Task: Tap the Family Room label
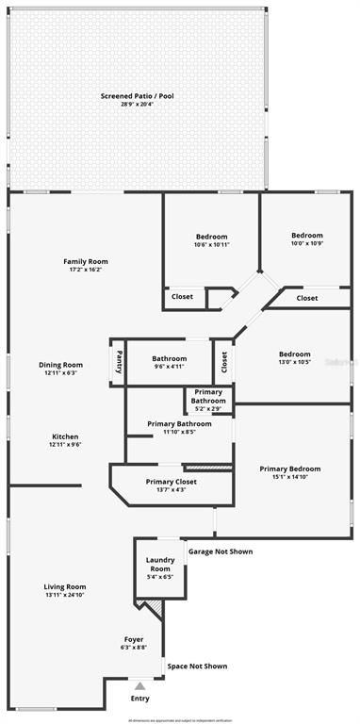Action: [x=86, y=261]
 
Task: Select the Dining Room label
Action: [x=60, y=365]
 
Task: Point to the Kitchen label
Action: [x=64, y=436]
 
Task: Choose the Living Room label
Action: [x=65, y=586]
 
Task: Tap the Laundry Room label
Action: [x=160, y=564]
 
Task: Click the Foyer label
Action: [x=134, y=639]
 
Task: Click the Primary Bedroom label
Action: [x=290, y=469]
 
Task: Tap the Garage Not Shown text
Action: [x=221, y=551]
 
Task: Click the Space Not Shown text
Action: [x=197, y=666]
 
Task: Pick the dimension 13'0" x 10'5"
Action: [x=295, y=362]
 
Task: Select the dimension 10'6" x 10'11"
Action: [x=212, y=244]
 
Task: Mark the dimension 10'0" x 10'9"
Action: [x=307, y=243]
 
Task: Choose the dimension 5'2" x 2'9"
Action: [x=209, y=409]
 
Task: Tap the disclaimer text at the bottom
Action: [x=180, y=719]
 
